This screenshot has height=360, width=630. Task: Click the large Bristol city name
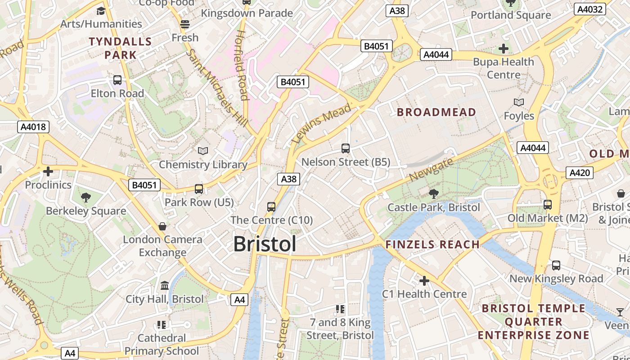pyautogui.click(x=265, y=244)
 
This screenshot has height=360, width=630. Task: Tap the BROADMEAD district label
pyautogui.click(x=436, y=112)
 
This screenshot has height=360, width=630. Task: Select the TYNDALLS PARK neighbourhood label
pyautogui.click(x=120, y=49)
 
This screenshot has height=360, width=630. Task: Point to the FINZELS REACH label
pyautogui.click(x=432, y=245)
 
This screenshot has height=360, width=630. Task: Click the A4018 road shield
pyautogui.click(x=34, y=127)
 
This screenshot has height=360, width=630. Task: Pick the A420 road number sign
pyautogui.click(x=579, y=173)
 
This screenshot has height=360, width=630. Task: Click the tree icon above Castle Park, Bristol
pyautogui.click(x=434, y=194)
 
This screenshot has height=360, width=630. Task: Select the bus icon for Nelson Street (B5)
pyautogui.click(x=346, y=148)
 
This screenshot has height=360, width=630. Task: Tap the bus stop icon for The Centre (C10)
pyautogui.click(x=271, y=207)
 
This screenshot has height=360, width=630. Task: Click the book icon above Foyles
pyautogui.click(x=519, y=103)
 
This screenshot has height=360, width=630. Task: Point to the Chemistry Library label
pyautogui.click(x=203, y=165)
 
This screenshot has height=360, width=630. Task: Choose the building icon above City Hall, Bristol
pyautogui.click(x=164, y=286)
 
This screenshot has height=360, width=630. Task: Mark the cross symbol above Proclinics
pyautogui.click(x=48, y=171)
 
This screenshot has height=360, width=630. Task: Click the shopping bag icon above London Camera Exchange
pyautogui.click(x=162, y=226)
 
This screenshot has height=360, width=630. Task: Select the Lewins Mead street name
pyautogui.click(x=321, y=123)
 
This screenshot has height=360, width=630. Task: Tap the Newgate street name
pyautogui.click(x=431, y=171)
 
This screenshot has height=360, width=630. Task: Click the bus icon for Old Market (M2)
pyautogui.click(x=548, y=205)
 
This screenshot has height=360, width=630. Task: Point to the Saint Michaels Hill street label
pyautogui.click(x=216, y=88)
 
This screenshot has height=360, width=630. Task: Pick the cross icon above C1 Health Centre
pyautogui.click(x=424, y=281)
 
